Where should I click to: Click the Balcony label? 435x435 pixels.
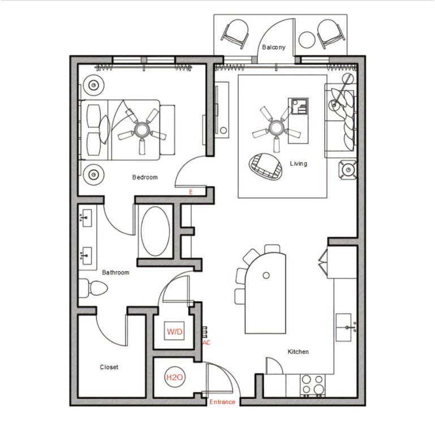(x=274, y=47)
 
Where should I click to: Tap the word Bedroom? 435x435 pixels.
(x=145, y=177)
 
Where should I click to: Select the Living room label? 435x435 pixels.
(x=299, y=164)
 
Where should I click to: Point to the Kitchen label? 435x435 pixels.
(x=298, y=352)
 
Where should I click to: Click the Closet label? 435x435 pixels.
(x=109, y=367)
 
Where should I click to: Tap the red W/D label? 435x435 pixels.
(x=174, y=331)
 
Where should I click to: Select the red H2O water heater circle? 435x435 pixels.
(x=174, y=377)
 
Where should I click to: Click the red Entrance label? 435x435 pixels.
(x=222, y=402)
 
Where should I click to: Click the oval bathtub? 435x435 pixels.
(x=156, y=231)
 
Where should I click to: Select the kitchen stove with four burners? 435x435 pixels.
(x=313, y=385)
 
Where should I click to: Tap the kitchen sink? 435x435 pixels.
(x=344, y=327)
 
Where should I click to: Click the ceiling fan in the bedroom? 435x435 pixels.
(x=142, y=130)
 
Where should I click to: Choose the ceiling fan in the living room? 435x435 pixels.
(x=276, y=129)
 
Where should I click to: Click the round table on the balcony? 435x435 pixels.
(x=307, y=40)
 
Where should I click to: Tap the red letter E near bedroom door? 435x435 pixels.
(x=191, y=192)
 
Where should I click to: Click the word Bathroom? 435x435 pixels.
(x=116, y=272)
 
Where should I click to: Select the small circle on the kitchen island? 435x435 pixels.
(x=266, y=275)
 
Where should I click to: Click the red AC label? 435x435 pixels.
(x=206, y=343)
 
